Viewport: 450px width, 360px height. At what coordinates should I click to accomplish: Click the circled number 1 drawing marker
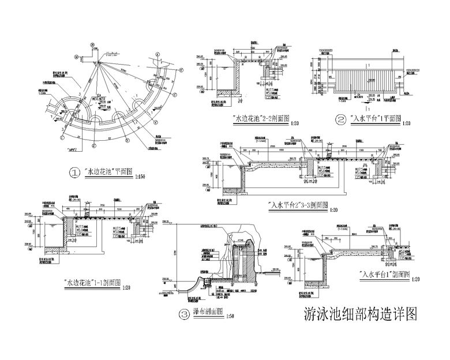point(74,172)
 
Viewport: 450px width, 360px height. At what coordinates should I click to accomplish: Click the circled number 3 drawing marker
point(183,314)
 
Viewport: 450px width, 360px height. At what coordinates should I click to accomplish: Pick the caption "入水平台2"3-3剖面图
point(299,204)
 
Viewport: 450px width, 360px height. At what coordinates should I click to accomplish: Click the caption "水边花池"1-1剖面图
point(93,283)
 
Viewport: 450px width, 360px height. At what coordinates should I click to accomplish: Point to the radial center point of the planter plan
point(98,62)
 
